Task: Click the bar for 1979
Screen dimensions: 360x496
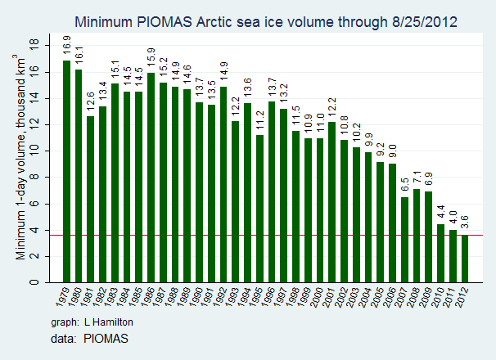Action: tap(66, 171)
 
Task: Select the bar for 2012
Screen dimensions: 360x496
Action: tap(465, 259)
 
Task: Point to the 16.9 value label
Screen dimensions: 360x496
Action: tap(67, 45)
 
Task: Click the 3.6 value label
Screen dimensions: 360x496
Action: tap(466, 220)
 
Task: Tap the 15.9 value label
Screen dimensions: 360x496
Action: tap(151, 58)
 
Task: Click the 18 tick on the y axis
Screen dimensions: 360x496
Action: tap(34, 43)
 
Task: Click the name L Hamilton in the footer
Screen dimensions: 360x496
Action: tap(111, 322)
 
